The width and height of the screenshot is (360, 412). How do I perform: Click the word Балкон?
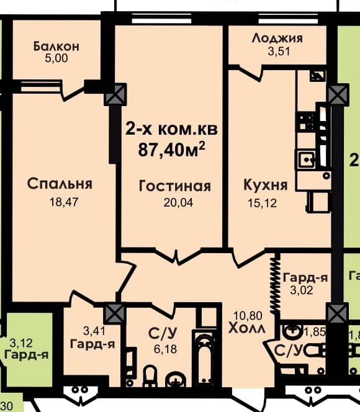pos(56,46)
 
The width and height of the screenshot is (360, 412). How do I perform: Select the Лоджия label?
pos(277,38)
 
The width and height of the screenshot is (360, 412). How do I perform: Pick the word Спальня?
pos(60,184)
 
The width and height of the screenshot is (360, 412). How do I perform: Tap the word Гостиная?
pos(174,186)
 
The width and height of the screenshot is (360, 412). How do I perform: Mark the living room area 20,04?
pos(174,202)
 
